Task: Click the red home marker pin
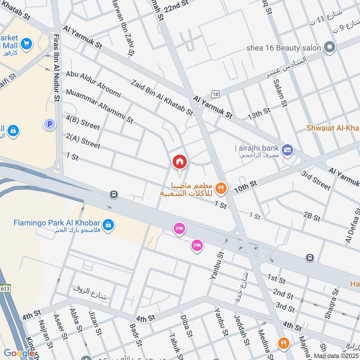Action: [180, 162]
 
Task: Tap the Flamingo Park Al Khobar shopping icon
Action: [108, 224]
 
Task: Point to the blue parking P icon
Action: [49, 124]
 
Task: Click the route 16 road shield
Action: [216, 94]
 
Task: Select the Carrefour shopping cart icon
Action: [27, 43]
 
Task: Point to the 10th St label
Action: [245, 187]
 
